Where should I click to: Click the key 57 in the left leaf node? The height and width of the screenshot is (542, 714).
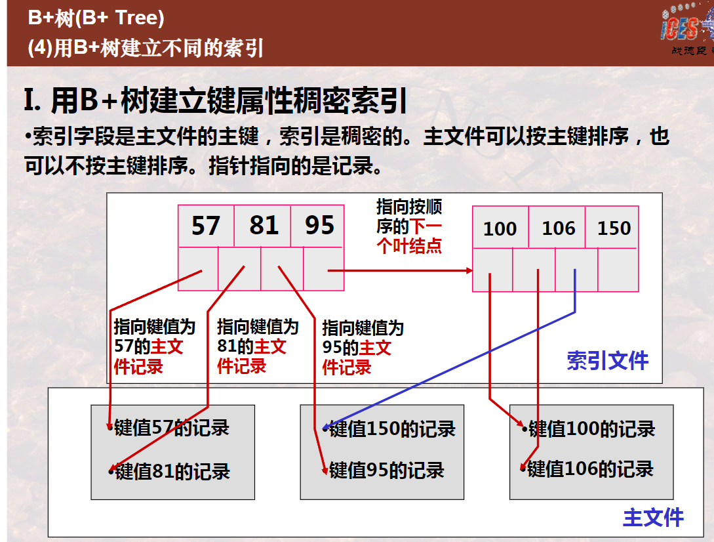[x=206, y=226]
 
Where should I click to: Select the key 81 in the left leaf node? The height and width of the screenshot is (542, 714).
[x=264, y=225]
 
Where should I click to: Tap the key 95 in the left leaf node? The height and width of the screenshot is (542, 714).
[x=319, y=225]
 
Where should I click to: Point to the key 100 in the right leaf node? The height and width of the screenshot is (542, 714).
[x=500, y=228]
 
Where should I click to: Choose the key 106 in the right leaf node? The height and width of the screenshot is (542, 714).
[x=558, y=228]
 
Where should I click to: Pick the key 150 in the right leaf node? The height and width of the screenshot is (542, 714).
[x=614, y=228]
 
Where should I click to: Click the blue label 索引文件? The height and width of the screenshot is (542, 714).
[x=607, y=361]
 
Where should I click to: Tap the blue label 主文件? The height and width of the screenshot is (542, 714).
[x=653, y=517]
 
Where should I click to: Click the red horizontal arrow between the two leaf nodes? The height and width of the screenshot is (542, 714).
[x=400, y=271]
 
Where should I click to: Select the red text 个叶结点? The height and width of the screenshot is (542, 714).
[x=409, y=246]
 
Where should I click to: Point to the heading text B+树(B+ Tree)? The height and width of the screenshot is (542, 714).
[x=96, y=18]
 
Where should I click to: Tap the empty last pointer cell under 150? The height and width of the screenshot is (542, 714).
[x=618, y=270]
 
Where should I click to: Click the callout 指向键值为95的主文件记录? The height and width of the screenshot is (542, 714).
[x=363, y=347]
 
